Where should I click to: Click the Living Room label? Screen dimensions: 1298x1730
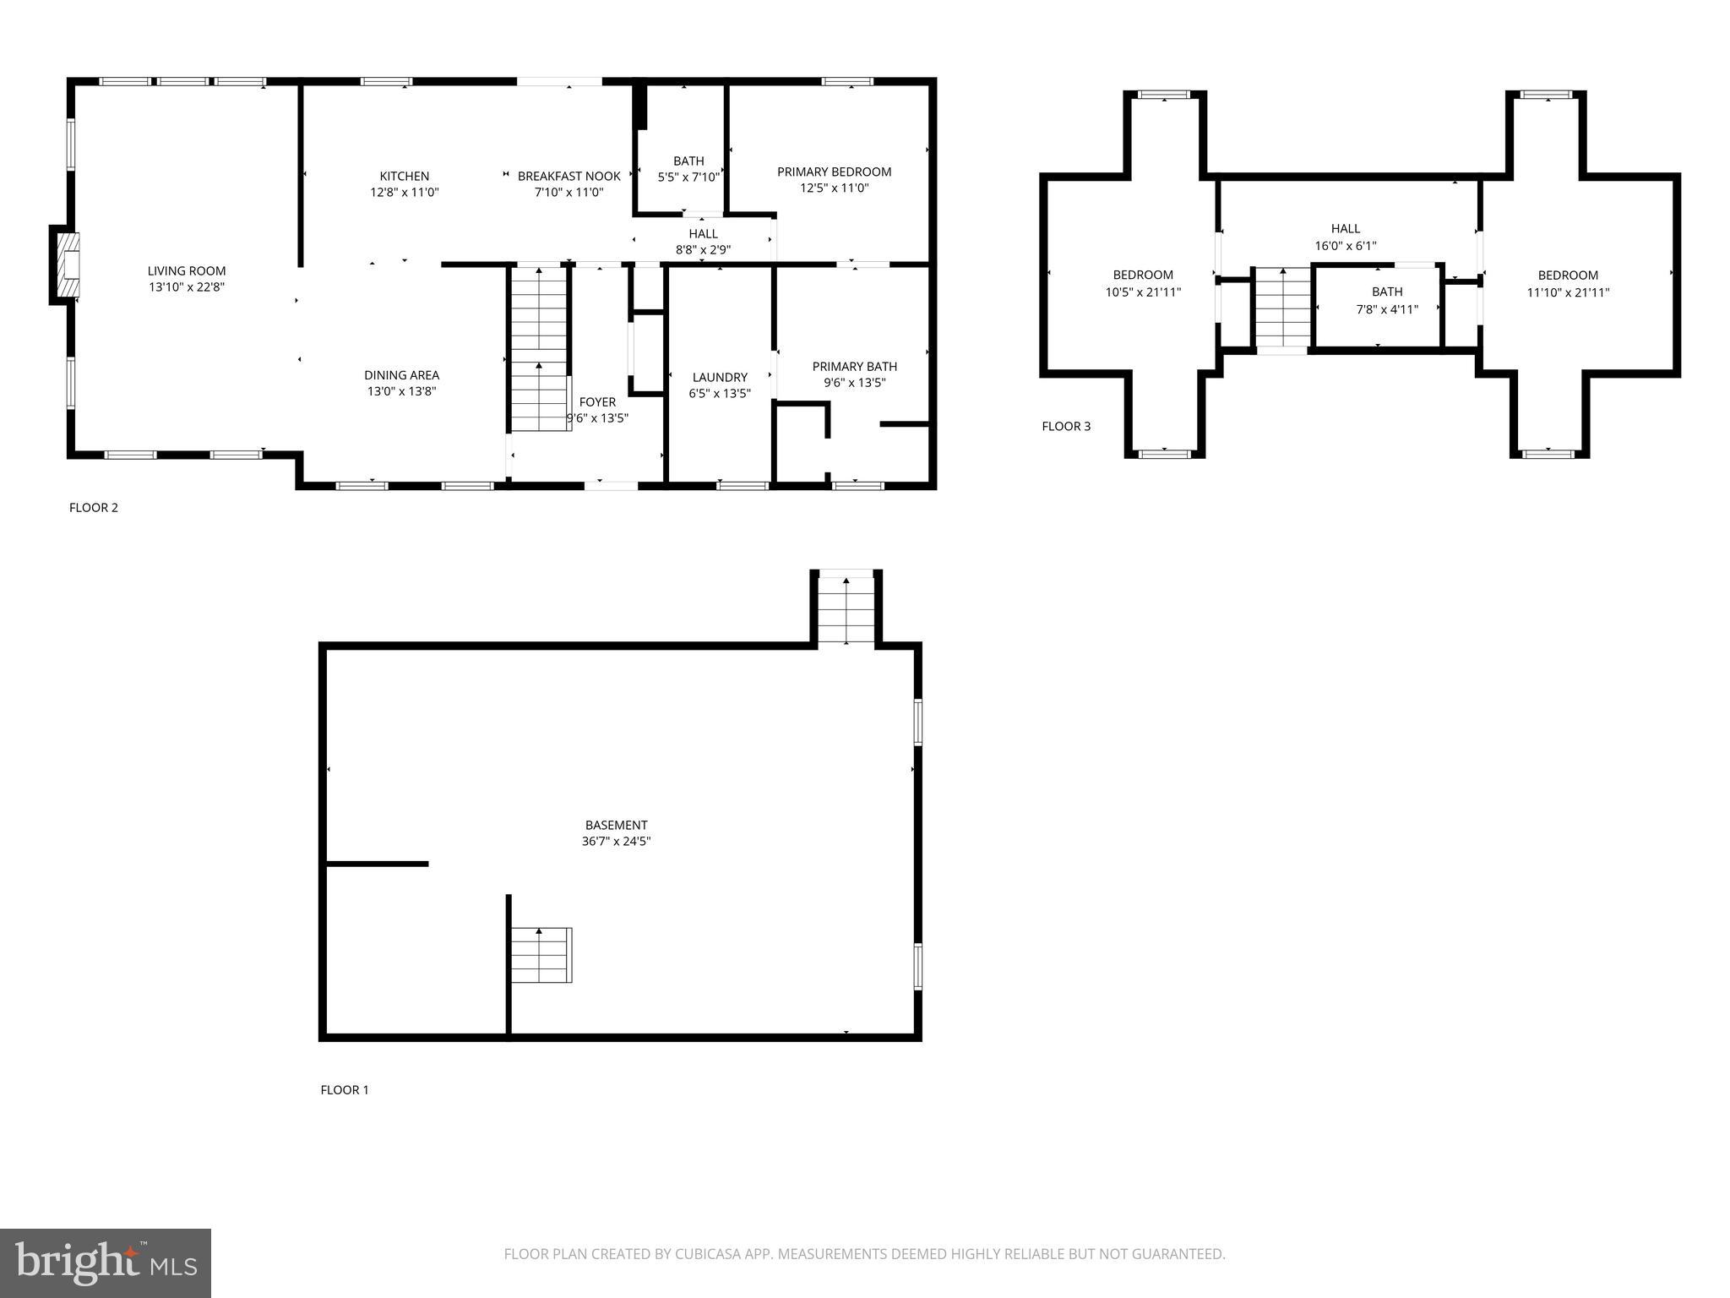click(x=187, y=271)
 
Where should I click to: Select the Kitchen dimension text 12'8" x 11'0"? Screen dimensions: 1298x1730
click(x=405, y=193)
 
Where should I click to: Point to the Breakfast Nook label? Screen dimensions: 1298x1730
click(x=569, y=177)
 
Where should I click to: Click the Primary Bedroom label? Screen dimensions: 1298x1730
click(x=834, y=172)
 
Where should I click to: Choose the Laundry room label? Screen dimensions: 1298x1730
click(x=720, y=378)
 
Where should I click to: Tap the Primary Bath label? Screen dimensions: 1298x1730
click(x=854, y=367)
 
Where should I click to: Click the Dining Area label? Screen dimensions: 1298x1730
click(x=401, y=375)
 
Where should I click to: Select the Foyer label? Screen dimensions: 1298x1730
click(x=597, y=402)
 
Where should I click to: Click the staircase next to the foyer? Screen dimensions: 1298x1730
click(x=539, y=348)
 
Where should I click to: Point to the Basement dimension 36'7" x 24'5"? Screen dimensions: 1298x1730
click(x=617, y=842)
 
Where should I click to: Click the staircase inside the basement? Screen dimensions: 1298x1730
click(x=541, y=955)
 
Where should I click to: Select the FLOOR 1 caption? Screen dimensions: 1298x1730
click(x=345, y=1090)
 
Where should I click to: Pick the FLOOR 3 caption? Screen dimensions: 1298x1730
click(x=1066, y=427)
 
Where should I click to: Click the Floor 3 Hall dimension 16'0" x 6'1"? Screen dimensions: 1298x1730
click(x=1346, y=246)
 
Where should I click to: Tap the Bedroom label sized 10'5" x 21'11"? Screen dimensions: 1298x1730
click(x=1143, y=275)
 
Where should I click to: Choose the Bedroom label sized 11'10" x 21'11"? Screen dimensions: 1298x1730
click(x=1568, y=275)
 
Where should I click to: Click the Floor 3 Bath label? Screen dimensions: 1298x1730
click(x=1387, y=292)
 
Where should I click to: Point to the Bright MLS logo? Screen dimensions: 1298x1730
click(x=106, y=1263)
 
